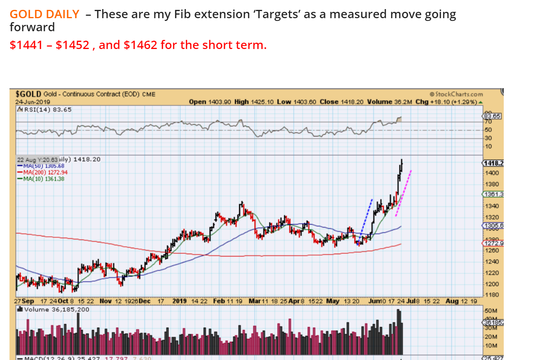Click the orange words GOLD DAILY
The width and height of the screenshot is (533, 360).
pyautogui.click(x=44, y=14)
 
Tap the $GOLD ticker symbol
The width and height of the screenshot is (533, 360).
pyautogui.click(x=28, y=94)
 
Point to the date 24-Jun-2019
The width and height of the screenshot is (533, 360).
pyautogui.click(x=33, y=102)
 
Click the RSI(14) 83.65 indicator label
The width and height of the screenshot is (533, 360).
pyautogui.click(x=44, y=109)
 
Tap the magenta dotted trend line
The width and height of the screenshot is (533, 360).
pyautogui.click(x=404, y=192)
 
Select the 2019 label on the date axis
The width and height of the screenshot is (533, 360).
pyautogui.click(x=180, y=301)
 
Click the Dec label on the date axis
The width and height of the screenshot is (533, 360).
pyautogui.click(x=145, y=301)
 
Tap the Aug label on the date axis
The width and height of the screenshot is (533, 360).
pyautogui.click(x=452, y=301)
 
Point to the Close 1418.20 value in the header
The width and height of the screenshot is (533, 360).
pyautogui.click(x=341, y=102)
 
